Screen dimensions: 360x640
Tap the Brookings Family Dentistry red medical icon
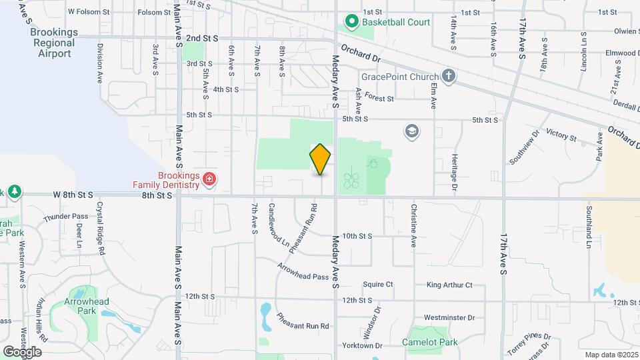[209, 179]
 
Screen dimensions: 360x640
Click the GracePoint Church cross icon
[449, 76]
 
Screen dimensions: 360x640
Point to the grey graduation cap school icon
[411, 131]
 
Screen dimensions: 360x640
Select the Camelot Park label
[429, 343]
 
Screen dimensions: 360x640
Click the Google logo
[22, 351]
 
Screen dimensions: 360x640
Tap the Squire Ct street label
[377, 285]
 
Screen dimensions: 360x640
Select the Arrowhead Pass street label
[303, 268]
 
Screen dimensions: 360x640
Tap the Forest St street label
[379, 99]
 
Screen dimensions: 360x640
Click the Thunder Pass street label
[65, 217]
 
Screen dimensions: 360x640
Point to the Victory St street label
[560, 135]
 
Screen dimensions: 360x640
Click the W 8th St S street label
[75, 195]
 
